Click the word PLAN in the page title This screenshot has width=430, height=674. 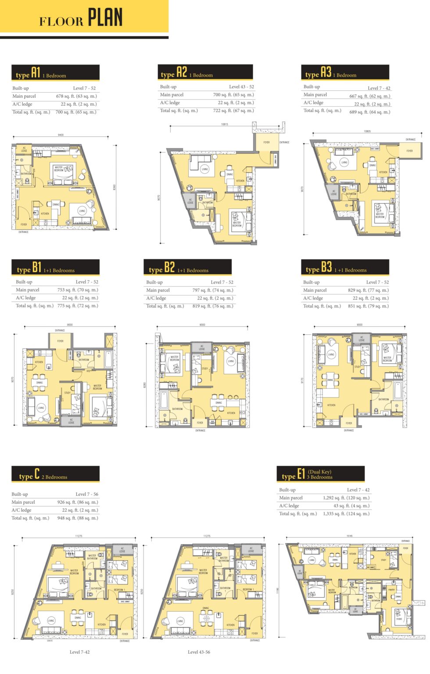click(x=105, y=18)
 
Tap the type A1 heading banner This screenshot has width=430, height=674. click(x=55, y=73)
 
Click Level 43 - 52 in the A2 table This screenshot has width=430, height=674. click(x=241, y=87)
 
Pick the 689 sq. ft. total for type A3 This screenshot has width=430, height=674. click(x=369, y=112)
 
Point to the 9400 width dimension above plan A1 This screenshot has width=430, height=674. click(x=61, y=135)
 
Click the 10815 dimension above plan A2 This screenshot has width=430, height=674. click(x=225, y=124)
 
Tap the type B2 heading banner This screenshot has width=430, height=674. click(x=187, y=268)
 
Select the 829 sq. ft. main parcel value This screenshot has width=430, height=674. click(x=368, y=290)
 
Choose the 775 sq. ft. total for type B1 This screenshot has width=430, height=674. click(x=78, y=306)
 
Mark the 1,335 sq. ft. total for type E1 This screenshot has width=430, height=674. click(x=346, y=513)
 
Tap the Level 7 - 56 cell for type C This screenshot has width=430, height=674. click(x=87, y=494)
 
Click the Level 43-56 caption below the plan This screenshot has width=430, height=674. click(x=199, y=652)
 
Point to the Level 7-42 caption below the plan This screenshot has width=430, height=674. click(x=79, y=652)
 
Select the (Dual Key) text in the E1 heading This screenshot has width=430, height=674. click(x=319, y=472)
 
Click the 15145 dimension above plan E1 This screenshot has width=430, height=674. click(x=349, y=536)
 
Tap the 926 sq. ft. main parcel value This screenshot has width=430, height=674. click(x=78, y=502)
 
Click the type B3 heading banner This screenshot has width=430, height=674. click(x=345, y=267)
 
